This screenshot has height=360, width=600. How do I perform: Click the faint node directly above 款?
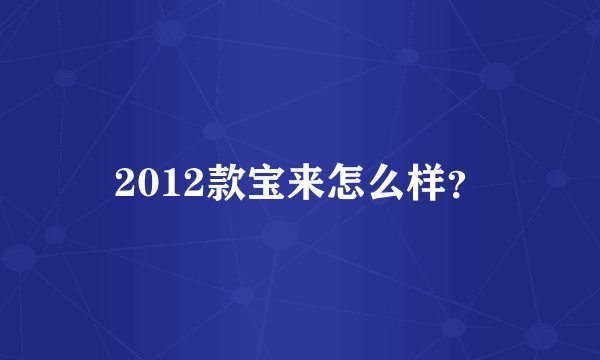coord(213,130)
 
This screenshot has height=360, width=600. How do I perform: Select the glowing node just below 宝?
coord(280,236)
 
